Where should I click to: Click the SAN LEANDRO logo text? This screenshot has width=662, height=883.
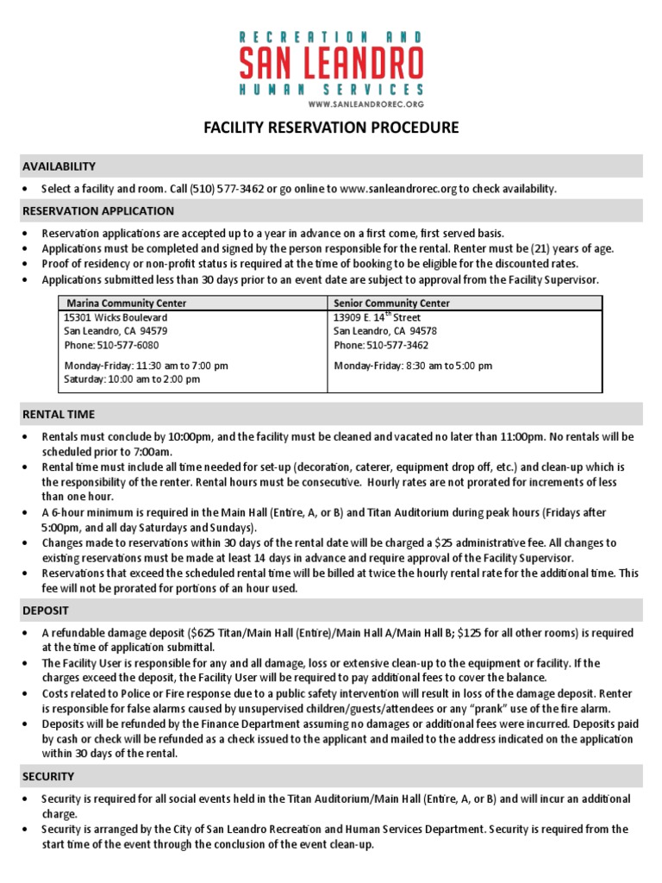pyautogui.click(x=331, y=61)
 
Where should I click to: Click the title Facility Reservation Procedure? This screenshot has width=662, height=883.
pyautogui.click(x=331, y=128)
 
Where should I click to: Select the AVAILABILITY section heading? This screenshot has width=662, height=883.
pyautogui.click(x=59, y=166)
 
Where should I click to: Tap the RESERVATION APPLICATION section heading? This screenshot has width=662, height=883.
pyautogui.click(x=97, y=210)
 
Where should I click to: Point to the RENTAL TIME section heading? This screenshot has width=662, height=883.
pyautogui.click(x=59, y=414)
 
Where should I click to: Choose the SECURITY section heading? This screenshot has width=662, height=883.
pyautogui.click(x=48, y=776)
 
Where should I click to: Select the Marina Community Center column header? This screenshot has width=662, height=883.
pyautogui.click(x=126, y=304)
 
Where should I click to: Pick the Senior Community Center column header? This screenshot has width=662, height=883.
pyautogui.click(x=391, y=304)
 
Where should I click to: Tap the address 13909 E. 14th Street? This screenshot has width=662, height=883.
pyautogui.click(x=377, y=317)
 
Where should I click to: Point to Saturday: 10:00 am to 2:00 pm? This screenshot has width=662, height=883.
pyautogui.click(x=132, y=379)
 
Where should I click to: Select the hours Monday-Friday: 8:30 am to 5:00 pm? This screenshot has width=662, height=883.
pyautogui.click(x=413, y=366)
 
